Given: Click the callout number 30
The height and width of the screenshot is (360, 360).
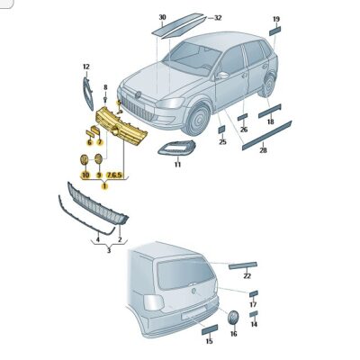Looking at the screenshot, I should [x=162, y=17].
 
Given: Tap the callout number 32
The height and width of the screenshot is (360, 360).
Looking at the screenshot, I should [x=217, y=17].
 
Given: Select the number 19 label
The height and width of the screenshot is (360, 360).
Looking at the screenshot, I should [x=276, y=18].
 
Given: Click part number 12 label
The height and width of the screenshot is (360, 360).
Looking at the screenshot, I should [x=86, y=67].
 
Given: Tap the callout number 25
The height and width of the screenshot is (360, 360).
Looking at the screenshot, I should [x=221, y=141].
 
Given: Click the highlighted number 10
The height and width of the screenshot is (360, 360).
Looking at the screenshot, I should [x=85, y=175].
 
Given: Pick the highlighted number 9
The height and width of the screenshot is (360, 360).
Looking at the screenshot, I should [x=99, y=175].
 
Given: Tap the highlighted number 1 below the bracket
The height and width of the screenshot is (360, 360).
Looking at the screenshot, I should [x=104, y=185].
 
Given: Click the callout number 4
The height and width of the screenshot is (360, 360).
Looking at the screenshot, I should [x=98, y=240].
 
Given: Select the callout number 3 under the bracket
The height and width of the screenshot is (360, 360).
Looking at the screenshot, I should [x=109, y=250].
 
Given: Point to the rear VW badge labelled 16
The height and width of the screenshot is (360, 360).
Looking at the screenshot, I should [x=232, y=318].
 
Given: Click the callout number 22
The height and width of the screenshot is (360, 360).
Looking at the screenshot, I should [x=247, y=276].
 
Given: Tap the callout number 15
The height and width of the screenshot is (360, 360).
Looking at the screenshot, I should [x=209, y=342].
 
